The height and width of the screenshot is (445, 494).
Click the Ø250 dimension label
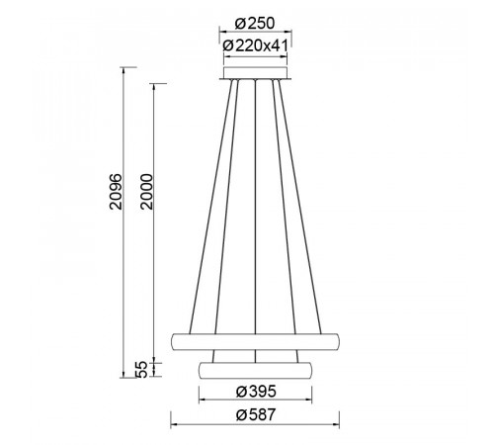tap(255, 24)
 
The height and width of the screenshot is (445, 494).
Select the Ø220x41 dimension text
tap(256, 45)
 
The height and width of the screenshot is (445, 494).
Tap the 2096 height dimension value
tap(116, 192)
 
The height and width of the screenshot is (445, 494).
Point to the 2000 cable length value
tap(146, 192)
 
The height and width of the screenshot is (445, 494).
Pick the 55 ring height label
tap(141, 370)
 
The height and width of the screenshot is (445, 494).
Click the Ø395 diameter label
tap(256, 392)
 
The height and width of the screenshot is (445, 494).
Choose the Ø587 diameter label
tap(256, 414)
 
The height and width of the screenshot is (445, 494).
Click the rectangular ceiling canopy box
tap(255, 72)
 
